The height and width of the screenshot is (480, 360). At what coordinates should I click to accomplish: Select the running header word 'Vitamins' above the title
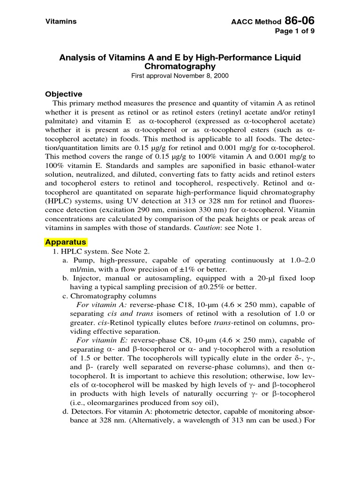60,22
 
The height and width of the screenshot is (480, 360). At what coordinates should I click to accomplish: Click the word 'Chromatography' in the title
180,67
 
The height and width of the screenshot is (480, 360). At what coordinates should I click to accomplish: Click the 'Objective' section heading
63,94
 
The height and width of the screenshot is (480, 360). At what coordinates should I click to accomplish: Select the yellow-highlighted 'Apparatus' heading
66,242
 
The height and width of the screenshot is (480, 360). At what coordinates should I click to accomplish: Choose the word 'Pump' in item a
82,261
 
